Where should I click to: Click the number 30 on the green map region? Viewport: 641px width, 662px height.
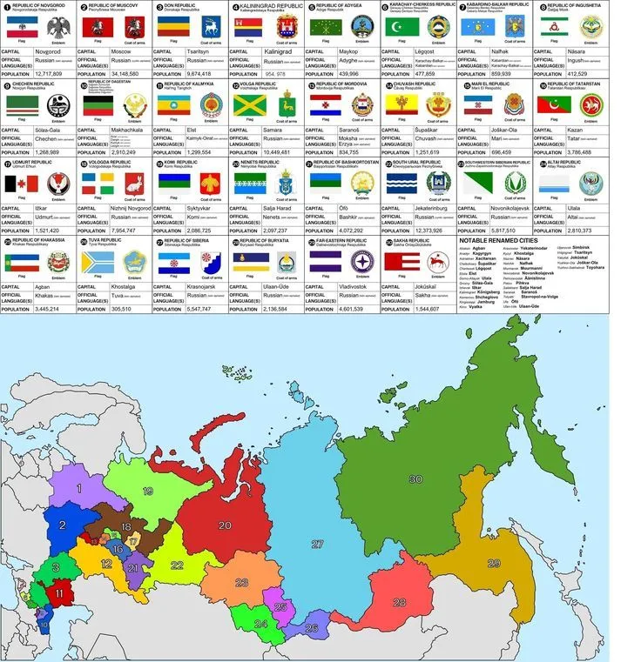pos(415,479)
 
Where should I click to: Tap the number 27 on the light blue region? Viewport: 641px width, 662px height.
pos(317,544)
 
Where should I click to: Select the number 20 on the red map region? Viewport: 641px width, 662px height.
pos(224,525)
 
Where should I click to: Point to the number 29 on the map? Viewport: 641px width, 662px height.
pos(494,564)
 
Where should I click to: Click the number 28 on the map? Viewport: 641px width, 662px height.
pos(399,602)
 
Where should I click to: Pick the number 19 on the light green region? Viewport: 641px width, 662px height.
pos(148,491)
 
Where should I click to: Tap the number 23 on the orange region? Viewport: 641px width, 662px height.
pos(241,582)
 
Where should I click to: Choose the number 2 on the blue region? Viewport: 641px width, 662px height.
pos(63,525)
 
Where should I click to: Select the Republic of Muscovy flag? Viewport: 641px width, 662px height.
pos(92,29)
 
